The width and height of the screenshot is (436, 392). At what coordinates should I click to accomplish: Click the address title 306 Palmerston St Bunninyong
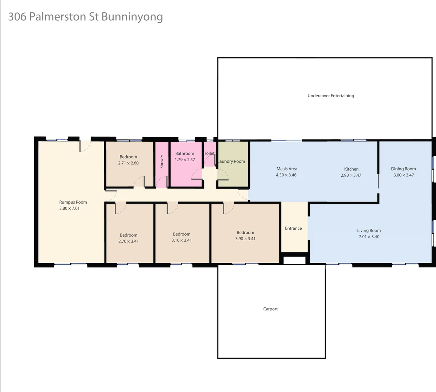click(x=85, y=17)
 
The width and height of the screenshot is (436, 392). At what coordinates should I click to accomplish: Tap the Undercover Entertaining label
click(x=330, y=96)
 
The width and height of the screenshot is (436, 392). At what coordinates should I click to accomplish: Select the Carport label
click(x=270, y=309)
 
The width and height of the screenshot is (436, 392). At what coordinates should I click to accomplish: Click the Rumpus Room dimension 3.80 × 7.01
click(x=69, y=208)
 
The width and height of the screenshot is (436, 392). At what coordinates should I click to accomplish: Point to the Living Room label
click(x=369, y=230)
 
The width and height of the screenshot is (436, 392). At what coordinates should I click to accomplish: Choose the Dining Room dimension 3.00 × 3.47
click(x=403, y=175)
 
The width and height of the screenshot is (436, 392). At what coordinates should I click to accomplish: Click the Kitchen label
click(x=351, y=169)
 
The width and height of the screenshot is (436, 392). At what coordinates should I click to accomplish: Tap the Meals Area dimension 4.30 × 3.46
click(x=286, y=175)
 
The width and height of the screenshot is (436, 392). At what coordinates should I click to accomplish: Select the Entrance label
click(x=293, y=228)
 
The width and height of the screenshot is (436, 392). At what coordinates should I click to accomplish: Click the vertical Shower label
click(x=162, y=162)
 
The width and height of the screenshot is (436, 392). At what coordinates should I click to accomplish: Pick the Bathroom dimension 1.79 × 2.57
click(x=185, y=160)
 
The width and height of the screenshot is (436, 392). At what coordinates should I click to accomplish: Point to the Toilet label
click(x=209, y=153)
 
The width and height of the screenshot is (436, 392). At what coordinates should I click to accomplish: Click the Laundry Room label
click(x=232, y=162)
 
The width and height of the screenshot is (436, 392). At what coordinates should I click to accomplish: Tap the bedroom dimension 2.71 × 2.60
click(x=128, y=163)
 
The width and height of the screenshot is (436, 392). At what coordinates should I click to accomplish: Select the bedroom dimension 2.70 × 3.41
click(x=128, y=241)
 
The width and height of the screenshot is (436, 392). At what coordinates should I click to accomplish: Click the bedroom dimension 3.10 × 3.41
click(x=182, y=240)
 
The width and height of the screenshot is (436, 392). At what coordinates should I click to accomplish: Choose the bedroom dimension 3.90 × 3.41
click(x=245, y=239)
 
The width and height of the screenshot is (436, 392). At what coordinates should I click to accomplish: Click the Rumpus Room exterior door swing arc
click(x=85, y=146)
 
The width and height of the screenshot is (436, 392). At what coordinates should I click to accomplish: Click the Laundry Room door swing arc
click(x=223, y=175)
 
